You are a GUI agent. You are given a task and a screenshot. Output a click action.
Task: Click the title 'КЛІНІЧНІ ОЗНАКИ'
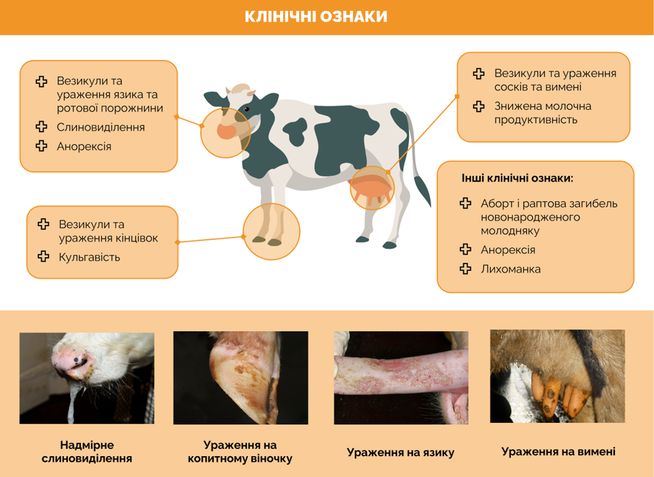(316, 17)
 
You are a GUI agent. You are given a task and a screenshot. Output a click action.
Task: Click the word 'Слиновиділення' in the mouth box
(100, 127)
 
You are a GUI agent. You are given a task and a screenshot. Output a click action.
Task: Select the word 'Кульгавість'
(89, 257)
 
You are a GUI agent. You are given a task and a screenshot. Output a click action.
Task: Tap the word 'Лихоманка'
(511, 269)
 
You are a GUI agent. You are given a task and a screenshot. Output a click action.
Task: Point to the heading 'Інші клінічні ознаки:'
(518, 178)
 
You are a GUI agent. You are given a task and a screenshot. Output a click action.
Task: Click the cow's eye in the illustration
(246, 109)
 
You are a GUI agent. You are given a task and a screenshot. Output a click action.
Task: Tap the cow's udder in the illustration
(371, 189)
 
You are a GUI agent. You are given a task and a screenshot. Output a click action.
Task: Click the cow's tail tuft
(422, 190)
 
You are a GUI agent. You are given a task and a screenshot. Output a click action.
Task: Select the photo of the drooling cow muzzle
(87, 378)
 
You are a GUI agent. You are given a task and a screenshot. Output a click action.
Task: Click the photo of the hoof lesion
(240, 378)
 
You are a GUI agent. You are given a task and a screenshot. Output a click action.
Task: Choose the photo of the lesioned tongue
(401, 378)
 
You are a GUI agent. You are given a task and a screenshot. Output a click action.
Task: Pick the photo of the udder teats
(557, 376)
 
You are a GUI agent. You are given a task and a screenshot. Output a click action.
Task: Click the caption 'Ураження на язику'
(401, 452)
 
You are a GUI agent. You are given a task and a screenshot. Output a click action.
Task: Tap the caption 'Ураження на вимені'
(558, 452)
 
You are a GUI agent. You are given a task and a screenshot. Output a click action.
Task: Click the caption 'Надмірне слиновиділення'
(87, 452)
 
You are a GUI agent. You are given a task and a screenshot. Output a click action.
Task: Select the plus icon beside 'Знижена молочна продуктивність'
(478, 106)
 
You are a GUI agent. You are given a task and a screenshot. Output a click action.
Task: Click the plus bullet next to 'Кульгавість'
(44, 256)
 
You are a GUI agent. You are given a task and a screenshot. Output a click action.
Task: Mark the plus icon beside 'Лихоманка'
(466, 269)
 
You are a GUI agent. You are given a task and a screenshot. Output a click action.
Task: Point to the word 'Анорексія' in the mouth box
(84, 146)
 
